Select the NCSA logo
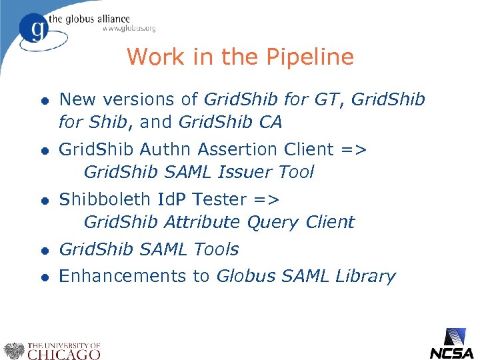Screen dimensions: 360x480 [x=451, y=343]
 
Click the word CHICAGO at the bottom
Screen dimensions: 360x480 [x=63, y=353]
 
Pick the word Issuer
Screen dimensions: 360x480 [x=243, y=172]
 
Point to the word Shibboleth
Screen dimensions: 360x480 [x=105, y=199]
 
